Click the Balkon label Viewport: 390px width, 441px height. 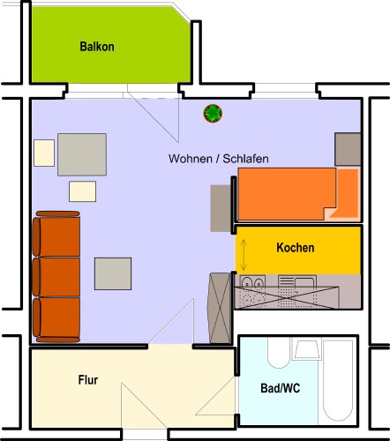pyautogui.click(x=97, y=47)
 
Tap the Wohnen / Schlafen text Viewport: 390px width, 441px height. pyautogui.click(x=219, y=159)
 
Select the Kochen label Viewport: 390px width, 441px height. pyautogui.click(x=296, y=248)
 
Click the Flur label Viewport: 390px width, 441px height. pyautogui.click(x=88, y=380)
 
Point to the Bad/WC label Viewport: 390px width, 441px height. pyautogui.click(x=281, y=388)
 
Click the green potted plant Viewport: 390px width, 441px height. pyautogui.click(x=213, y=114)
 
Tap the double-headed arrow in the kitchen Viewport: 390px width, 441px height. pyautogui.click(x=244, y=255)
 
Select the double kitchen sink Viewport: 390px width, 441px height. pyautogui.click(x=252, y=281)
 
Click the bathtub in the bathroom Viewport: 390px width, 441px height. pyautogui.click(x=338, y=380)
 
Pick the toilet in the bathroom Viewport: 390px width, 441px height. pyautogui.click(x=279, y=353)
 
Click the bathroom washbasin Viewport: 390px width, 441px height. pyautogui.click(x=307, y=349)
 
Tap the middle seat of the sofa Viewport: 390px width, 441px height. pyautogui.click(x=56, y=277)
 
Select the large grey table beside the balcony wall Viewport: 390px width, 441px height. pyautogui.click(x=82, y=154)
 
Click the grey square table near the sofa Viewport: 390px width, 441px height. pyautogui.click(x=113, y=273)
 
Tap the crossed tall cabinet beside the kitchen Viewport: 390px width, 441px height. pyautogui.click(x=220, y=308)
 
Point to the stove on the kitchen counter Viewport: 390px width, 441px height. pyautogui.click(x=297, y=282)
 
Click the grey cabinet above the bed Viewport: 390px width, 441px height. pyautogui.click(x=348, y=149)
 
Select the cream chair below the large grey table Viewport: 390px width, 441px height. pyautogui.click(x=82, y=191)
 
